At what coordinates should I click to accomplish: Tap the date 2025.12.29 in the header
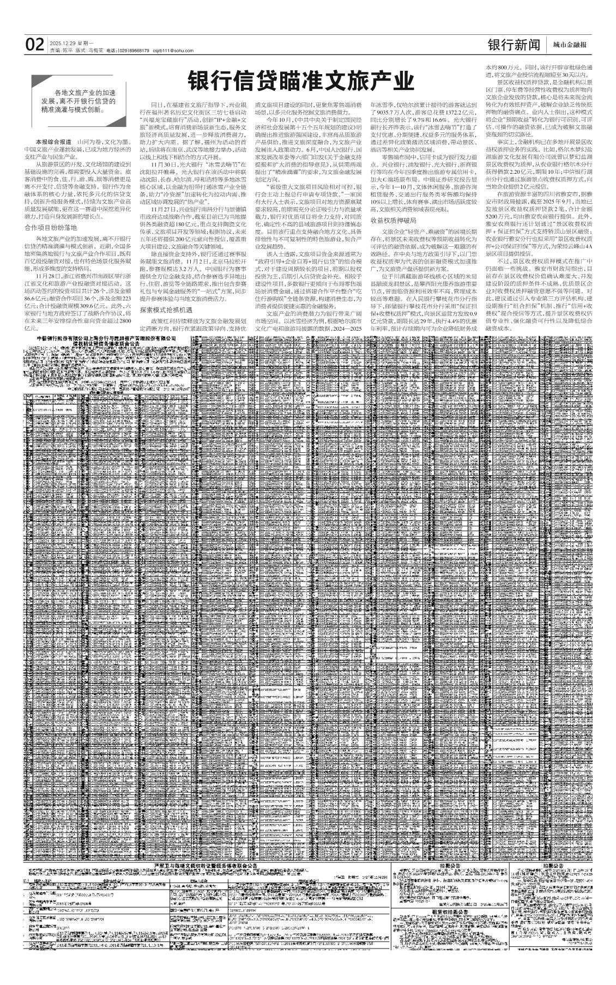click(x=61, y=42)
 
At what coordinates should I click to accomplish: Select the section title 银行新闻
click(x=514, y=45)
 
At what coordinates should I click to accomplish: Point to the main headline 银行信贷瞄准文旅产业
click(x=301, y=82)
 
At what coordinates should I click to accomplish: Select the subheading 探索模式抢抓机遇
click(x=166, y=309)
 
